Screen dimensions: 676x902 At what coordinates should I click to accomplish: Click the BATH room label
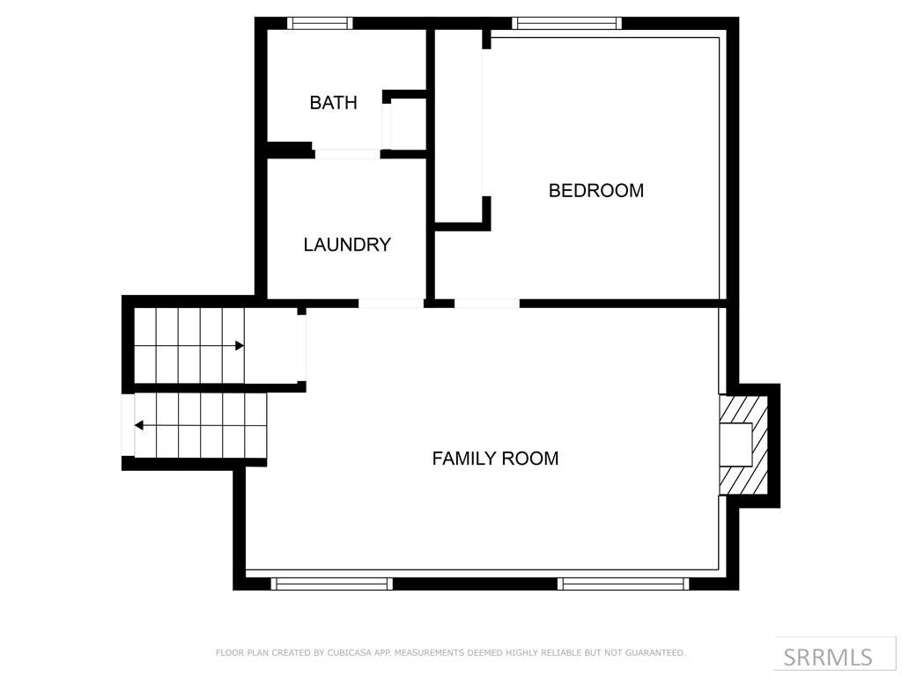point(333,103)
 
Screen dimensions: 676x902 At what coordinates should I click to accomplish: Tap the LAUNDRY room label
point(347,245)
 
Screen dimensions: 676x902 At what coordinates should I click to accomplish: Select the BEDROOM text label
point(595,190)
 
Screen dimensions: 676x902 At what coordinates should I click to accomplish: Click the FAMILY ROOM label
point(495,459)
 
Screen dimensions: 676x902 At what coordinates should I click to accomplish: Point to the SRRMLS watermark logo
point(827,657)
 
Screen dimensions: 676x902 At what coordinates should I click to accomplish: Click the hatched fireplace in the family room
point(743,445)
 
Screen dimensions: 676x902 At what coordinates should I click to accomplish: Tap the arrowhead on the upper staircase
point(239,346)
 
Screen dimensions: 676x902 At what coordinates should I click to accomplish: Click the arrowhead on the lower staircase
point(139,425)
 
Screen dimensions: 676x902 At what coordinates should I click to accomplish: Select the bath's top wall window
point(321,24)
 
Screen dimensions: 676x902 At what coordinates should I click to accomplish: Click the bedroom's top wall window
point(566,24)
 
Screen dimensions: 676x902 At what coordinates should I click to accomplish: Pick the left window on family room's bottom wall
point(331,583)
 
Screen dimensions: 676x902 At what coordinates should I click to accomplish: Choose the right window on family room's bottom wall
point(624,583)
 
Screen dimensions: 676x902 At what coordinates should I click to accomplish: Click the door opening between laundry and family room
point(391,304)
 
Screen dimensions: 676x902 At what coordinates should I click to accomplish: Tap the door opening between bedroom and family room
point(486,304)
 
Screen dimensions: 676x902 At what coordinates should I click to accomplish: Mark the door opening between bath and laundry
point(347,154)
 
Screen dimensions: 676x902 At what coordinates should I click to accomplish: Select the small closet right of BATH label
point(408,124)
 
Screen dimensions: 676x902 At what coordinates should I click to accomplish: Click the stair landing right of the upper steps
point(275,346)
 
